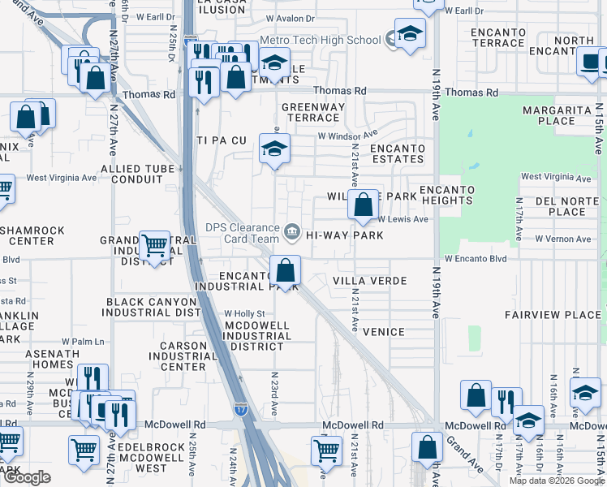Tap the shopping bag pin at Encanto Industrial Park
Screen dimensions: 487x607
pos(286,270)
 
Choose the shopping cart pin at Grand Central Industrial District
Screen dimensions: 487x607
pos(154,245)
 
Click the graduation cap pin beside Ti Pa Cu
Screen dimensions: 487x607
pos(275,149)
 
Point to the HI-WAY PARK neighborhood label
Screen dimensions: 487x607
pos(344,235)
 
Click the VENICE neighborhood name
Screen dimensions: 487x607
pos(383,332)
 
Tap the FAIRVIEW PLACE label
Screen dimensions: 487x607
pos(552,315)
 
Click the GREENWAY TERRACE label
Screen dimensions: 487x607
pos(313,112)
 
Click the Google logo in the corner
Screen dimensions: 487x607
pos(27,477)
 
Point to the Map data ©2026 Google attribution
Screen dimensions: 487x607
pos(556,481)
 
